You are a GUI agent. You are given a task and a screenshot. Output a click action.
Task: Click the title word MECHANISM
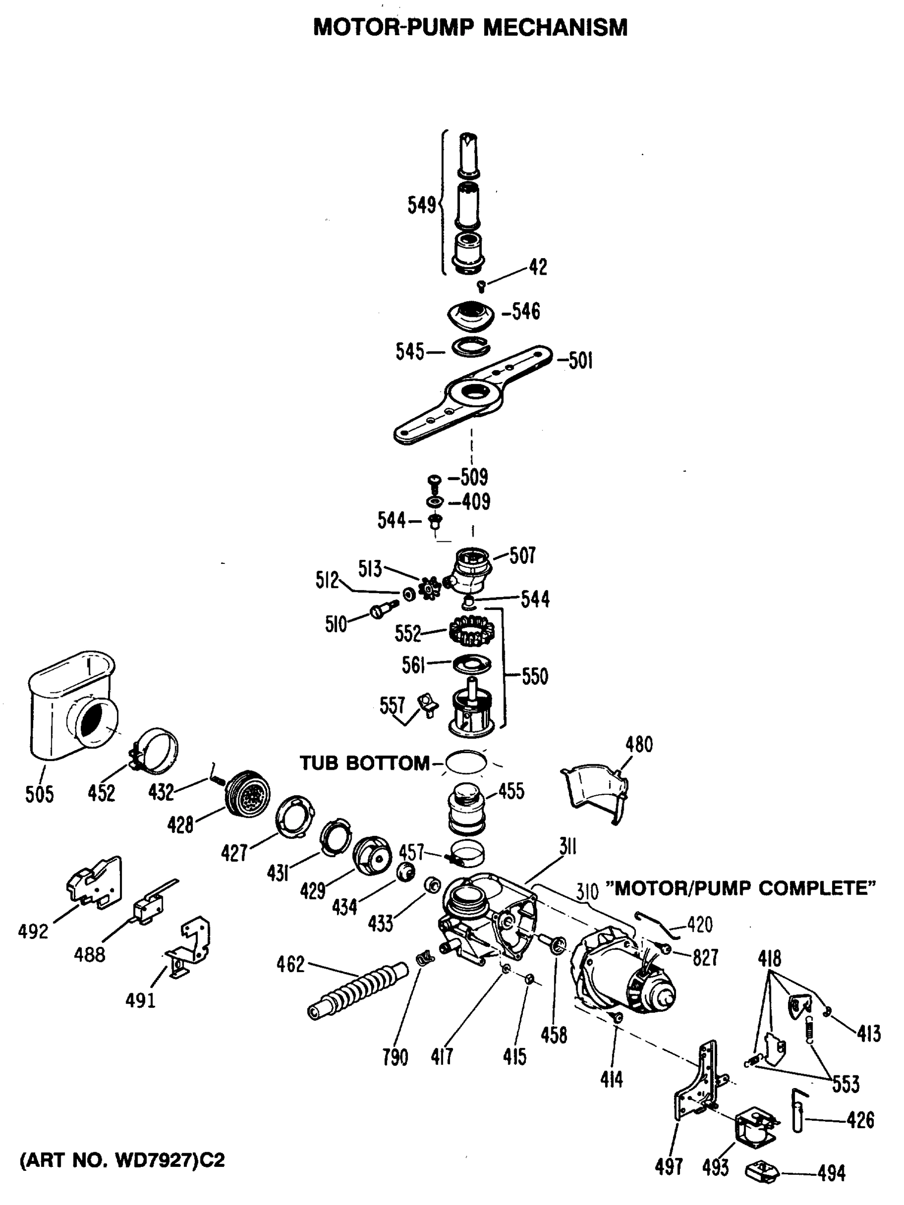click(555, 27)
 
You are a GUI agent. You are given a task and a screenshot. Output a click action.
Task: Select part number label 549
click(422, 205)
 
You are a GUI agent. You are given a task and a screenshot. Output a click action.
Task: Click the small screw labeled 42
click(481, 286)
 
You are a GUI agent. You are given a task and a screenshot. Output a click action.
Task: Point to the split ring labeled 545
click(472, 347)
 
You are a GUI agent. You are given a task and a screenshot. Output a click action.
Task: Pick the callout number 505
click(39, 794)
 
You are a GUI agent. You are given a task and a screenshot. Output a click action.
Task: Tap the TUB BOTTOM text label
click(364, 763)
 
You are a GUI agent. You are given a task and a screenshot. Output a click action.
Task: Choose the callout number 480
click(639, 744)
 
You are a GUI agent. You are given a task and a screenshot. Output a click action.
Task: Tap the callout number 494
click(831, 1173)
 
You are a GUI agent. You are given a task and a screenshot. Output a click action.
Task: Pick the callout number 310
click(588, 892)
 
